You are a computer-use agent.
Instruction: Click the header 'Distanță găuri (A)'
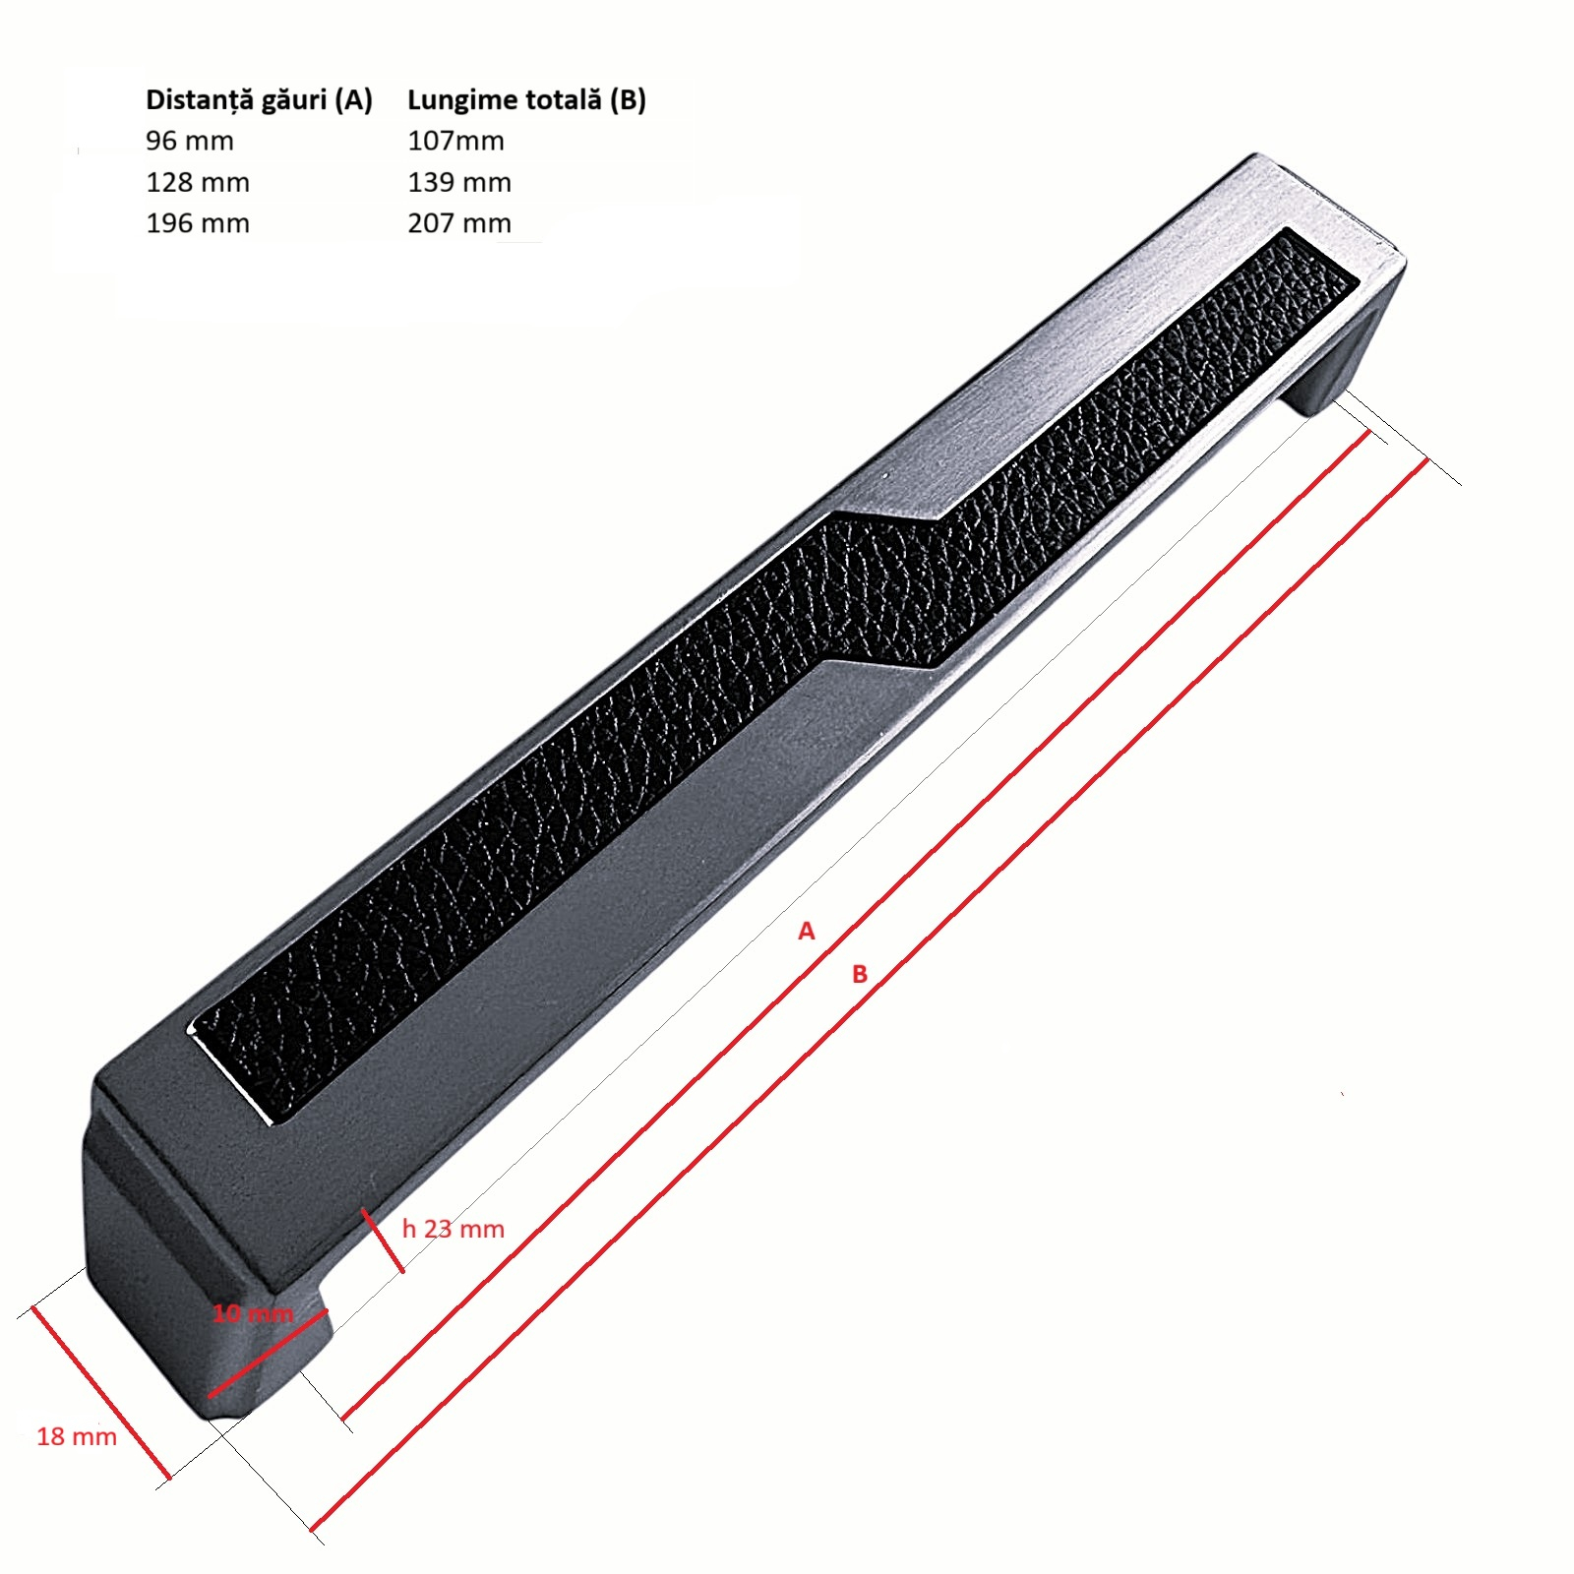[x=259, y=99]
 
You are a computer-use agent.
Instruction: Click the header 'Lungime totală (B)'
[x=526, y=99]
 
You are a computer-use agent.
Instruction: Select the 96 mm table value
[x=190, y=141]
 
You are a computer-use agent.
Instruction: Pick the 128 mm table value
[x=198, y=182]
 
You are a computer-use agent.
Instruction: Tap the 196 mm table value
[x=198, y=223]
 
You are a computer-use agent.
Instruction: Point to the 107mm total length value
[x=455, y=141]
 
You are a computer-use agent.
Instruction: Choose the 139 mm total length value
[x=459, y=182]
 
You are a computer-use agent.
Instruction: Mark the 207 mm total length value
[x=459, y=223]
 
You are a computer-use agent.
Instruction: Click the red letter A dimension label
[x=807, y=931]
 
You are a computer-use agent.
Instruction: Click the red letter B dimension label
[x=860, y=974]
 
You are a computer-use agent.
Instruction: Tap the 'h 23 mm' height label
[x=454, y=1229]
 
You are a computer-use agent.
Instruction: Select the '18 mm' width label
[x=77, y=1436]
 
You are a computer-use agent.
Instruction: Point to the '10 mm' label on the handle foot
[x=253, y=1313]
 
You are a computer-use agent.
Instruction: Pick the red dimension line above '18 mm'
[x=101, y=1392]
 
